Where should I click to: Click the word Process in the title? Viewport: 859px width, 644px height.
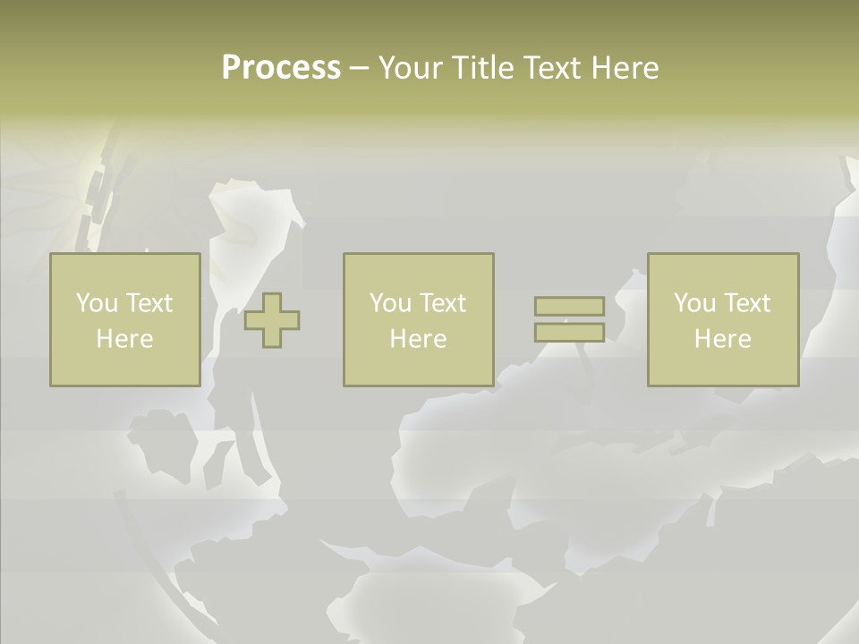click(x=281, y=68)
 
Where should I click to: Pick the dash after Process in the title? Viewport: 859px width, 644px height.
click(x=359, y=69)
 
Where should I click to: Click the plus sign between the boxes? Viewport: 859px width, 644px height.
click(x=272, y=320)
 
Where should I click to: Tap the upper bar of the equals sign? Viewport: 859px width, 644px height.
click(x=569, y=306)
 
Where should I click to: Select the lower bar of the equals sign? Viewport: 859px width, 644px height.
click(x=569, y=332)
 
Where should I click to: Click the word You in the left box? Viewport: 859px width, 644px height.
click(x=97, y=303)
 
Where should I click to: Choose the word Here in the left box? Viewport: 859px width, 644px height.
click(x=124, y=339)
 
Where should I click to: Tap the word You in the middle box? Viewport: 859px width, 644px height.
click(x=390, y=303)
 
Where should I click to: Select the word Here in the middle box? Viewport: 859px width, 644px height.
click(x=418, y=339)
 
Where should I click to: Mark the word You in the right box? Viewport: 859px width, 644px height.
click(x=694, y=303)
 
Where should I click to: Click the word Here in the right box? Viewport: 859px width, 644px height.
click(x=722, y=339)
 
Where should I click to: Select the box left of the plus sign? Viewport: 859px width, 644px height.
click(x=124, y=367)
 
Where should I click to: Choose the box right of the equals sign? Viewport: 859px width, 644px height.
click(x=722, y=367)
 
